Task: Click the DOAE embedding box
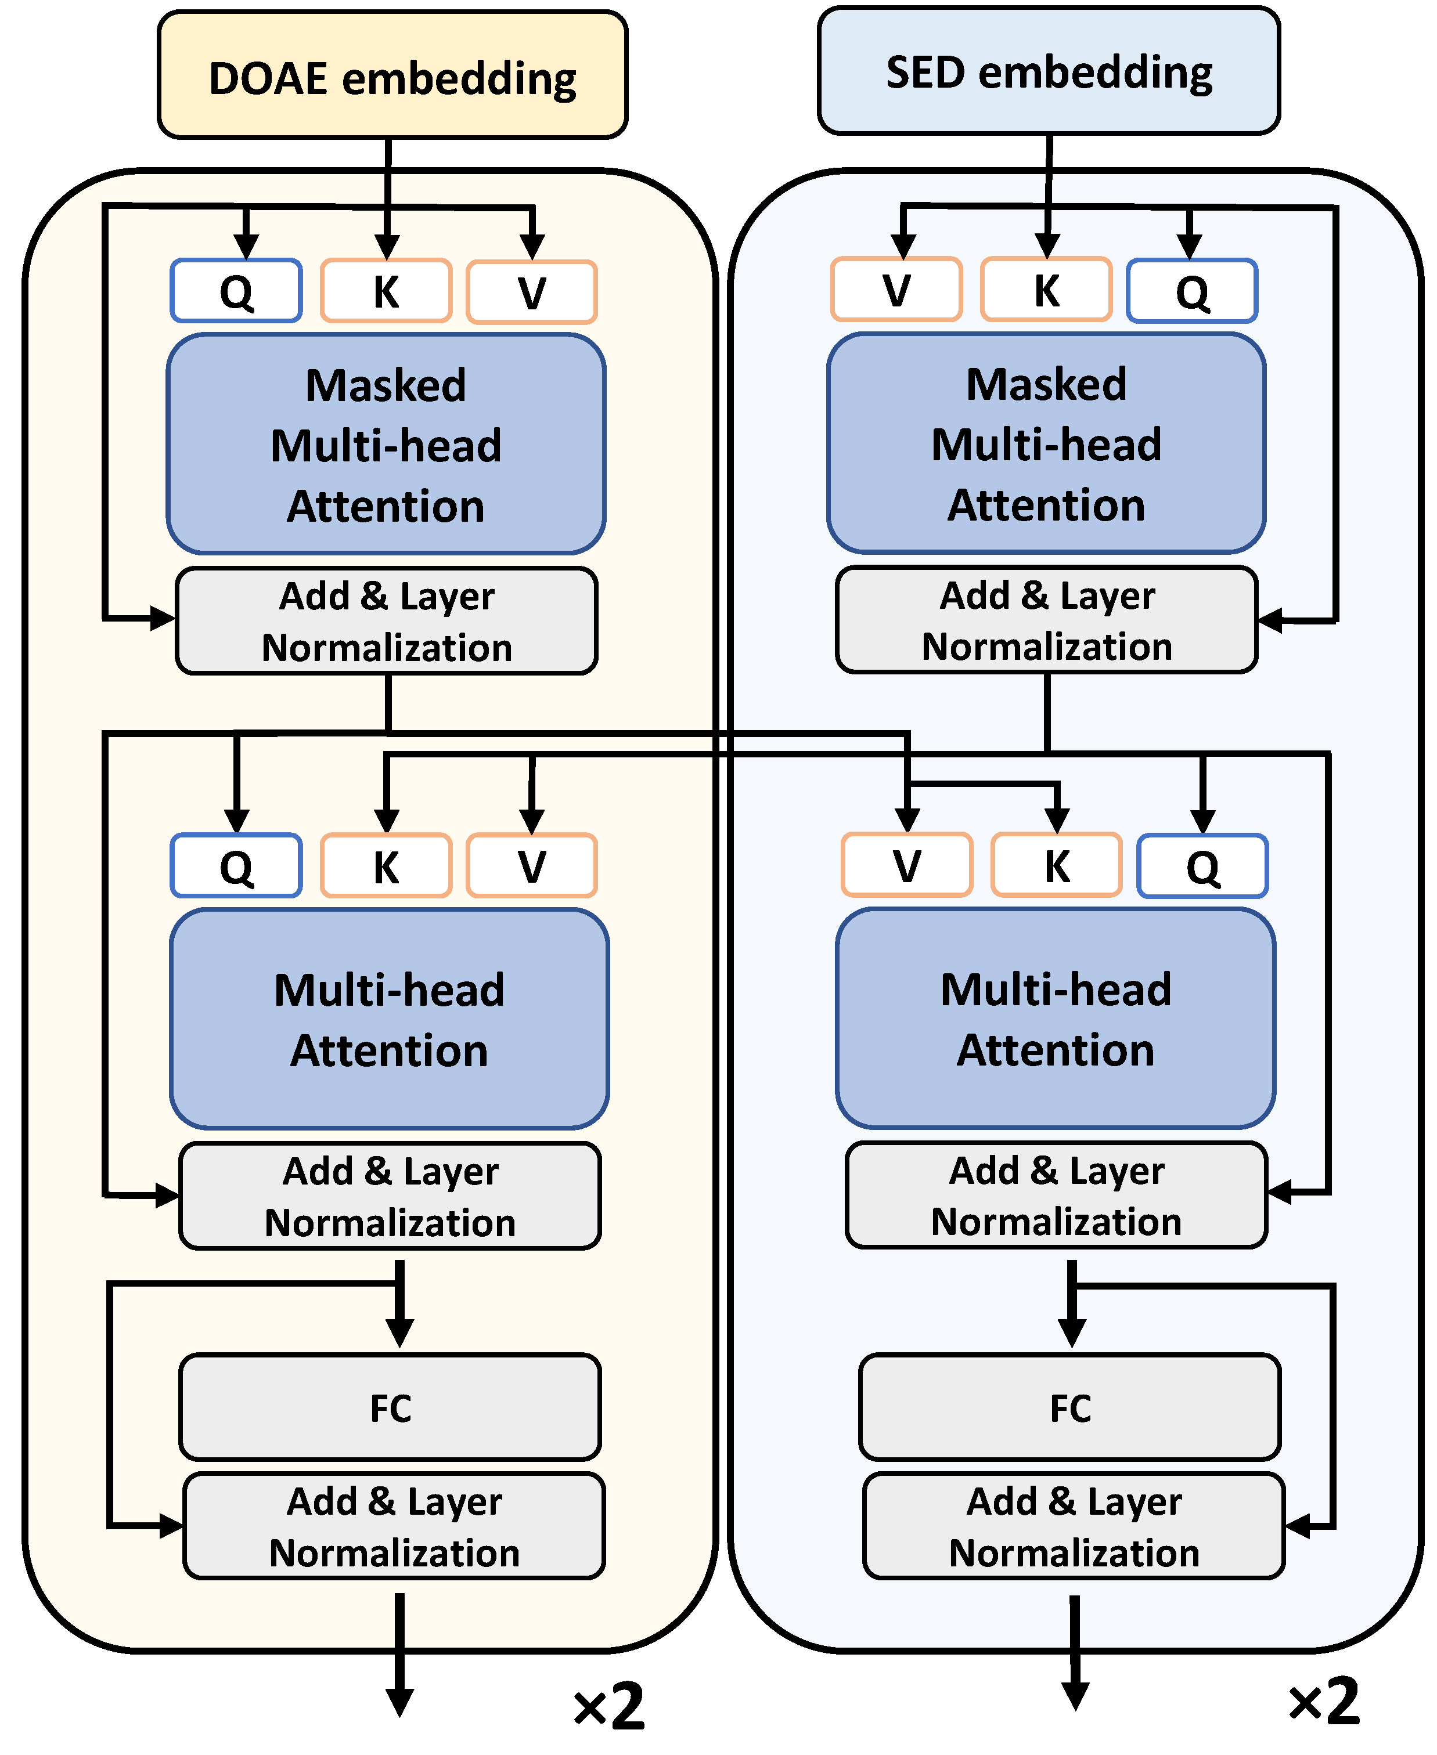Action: [392, 76]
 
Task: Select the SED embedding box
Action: [1048, 71]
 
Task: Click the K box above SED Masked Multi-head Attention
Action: [1046, 290]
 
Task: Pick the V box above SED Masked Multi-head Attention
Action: [896, 290]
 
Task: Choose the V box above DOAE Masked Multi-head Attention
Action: [531, 292]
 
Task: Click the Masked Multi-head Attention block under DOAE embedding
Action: [386, 445]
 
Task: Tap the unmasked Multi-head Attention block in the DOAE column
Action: [389, 1020]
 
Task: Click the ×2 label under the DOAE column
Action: [608, 1706]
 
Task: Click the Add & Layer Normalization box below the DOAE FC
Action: [394, 1526]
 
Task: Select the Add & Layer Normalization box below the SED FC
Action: [1074, 1526]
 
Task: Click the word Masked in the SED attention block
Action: [1046, 384]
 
